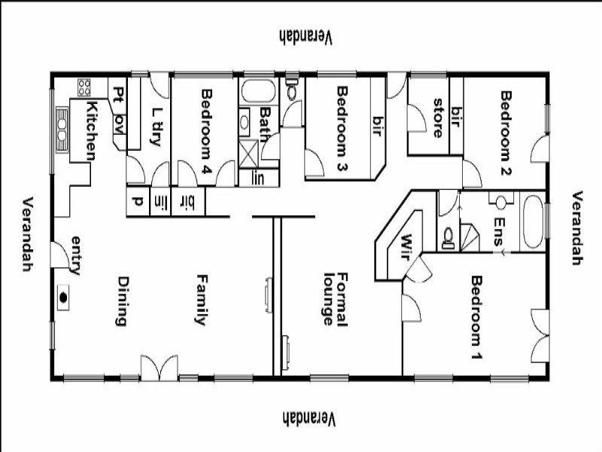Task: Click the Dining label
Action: pos(120,301)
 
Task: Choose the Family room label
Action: pos(201,299)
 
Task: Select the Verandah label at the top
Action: pos(306,35)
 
